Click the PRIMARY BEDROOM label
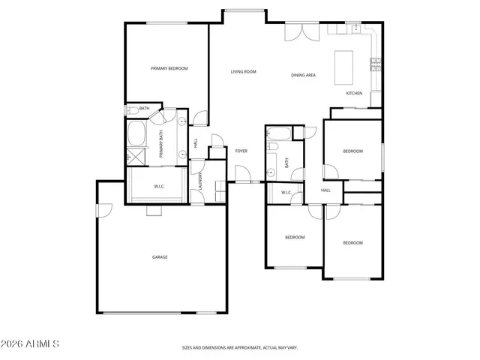(x=169, y=68)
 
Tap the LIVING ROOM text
(x=243, y=72)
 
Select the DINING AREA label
(x=303, y=75)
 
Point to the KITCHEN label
(x=354, y=93)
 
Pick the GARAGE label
(x=160, y=257)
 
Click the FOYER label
(x=241, y=151)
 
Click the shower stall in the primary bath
(x=137, y=157)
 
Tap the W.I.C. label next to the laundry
(x=159, y=186)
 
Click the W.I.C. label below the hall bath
(x=286, y=193)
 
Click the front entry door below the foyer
(x=243, y=180)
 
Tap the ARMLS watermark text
(x=31, y=343)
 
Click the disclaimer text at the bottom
(x=240, y=348)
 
